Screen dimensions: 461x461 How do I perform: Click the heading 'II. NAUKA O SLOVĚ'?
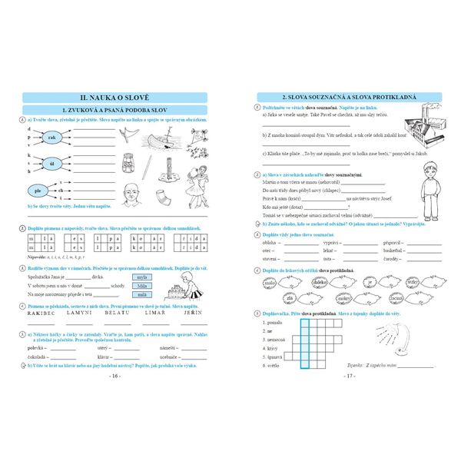pyautogui.click(x=122, y=97)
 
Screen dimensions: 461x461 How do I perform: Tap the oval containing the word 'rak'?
pyautogui.click(x=52, y=137)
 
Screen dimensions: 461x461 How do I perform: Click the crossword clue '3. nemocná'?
pyautogui.click(x=274, y=338)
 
